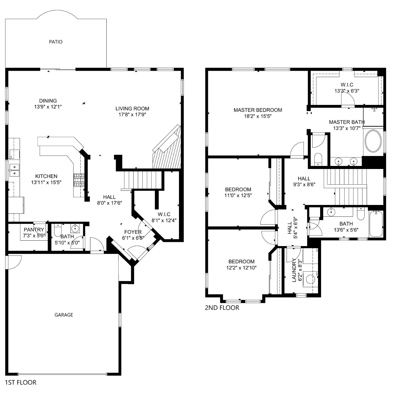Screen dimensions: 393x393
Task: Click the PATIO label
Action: [56, 42]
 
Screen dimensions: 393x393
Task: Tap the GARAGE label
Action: [63, 315]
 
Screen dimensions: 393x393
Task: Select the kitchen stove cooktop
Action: [79, 180]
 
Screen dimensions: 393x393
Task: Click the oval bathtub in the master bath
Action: [373, 141]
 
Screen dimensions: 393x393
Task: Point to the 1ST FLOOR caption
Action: [21, 382]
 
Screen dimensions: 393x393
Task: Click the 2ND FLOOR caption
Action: [222, 308]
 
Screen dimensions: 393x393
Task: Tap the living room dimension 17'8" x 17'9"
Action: [132, 115]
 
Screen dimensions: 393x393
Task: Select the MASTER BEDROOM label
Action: [258, 110]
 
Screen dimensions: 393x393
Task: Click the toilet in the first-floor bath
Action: [58, 230]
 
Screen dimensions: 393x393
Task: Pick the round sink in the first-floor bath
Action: [76, 228]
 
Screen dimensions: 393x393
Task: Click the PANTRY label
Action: [34, 230]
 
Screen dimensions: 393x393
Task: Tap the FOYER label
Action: [133, 232]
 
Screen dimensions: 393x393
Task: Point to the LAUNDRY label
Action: [294, 271]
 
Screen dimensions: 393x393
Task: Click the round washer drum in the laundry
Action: [310, 279]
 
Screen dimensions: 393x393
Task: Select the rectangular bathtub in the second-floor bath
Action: [376, 224]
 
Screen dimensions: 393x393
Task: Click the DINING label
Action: [48, 101]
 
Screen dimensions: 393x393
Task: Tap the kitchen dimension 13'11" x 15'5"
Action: [46, 182]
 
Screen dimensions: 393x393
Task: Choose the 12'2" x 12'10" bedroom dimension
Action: [241, 268]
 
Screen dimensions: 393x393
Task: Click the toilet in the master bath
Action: [318, 159]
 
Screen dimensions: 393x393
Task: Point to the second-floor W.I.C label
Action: [347, 85]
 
